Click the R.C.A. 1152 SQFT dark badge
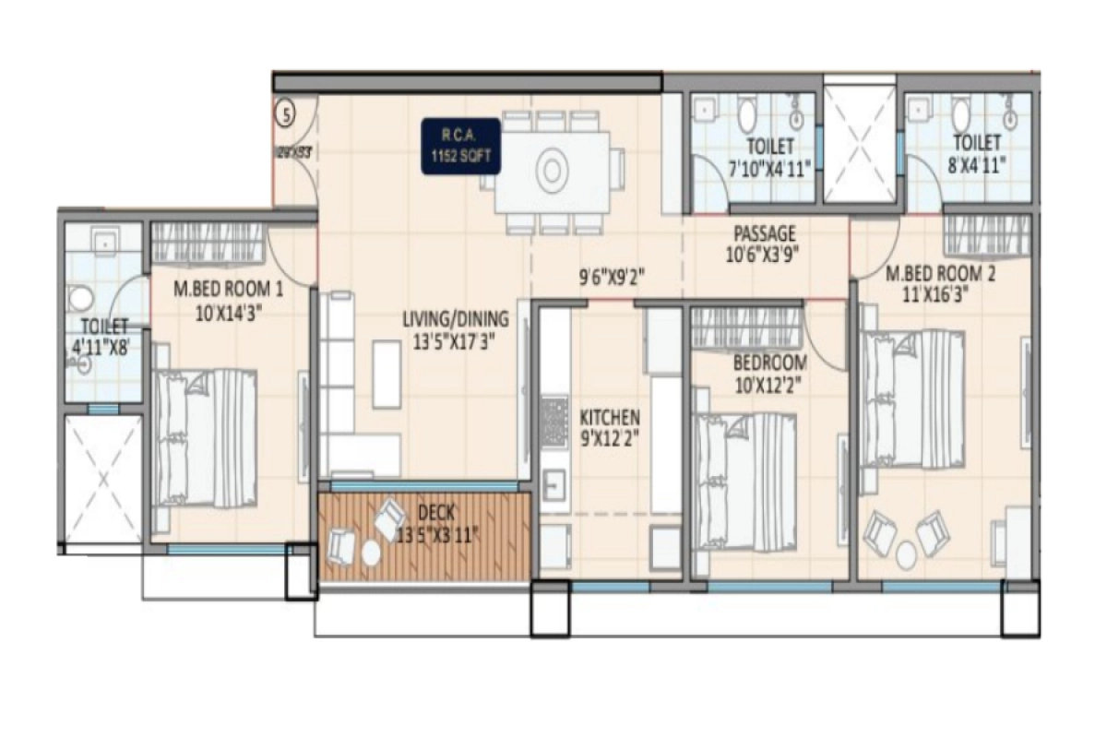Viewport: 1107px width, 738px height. (x=462, y=146)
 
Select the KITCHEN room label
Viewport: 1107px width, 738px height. (x=609, y=426)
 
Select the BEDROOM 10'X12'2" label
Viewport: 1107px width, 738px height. (x=770, y=372)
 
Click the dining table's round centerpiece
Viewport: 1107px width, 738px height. (x=551, y=171)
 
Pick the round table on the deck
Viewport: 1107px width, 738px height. (x=371, y=552)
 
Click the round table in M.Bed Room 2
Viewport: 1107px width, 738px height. (x=907, y=554)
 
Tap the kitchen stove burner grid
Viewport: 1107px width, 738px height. (x=553, y=420)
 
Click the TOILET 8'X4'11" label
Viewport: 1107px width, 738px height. (x=977, y=153)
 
